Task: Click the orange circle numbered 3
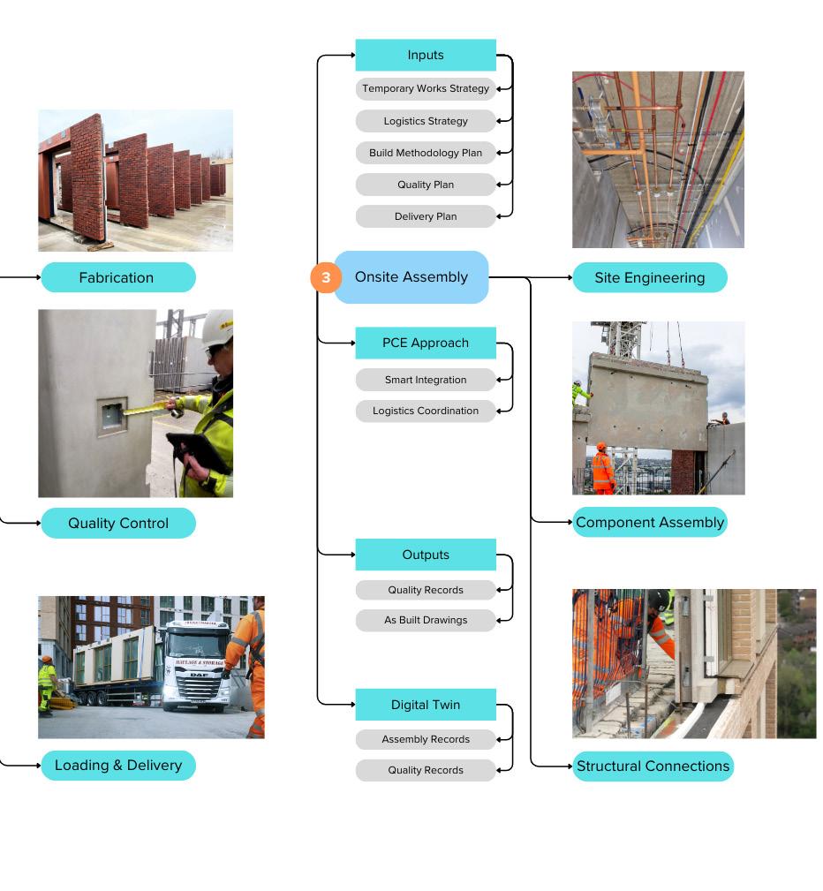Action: coord(326,277)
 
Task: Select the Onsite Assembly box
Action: coord(411,277)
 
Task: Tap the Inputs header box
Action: coord(426,55)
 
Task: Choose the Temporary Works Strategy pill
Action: coord(426,88)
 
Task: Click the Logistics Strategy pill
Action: coord(426,121)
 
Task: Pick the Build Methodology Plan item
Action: coord(426,153)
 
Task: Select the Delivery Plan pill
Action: coord(426,216)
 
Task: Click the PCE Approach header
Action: coord(426,343)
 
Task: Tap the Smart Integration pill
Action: coord(426,380)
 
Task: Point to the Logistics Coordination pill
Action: coord(426,411)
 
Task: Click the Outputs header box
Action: coord(426,555)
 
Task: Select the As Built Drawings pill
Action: coord(426,620)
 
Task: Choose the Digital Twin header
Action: coord(426,705)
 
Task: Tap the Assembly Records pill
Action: coord(426,739)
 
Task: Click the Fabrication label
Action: coord(117,277)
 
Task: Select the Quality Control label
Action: coord(118,523)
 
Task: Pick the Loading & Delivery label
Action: coord(118,765)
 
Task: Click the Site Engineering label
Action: coord(650,277)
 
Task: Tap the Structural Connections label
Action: coord(653,766)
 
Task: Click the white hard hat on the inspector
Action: coord(218,328)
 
